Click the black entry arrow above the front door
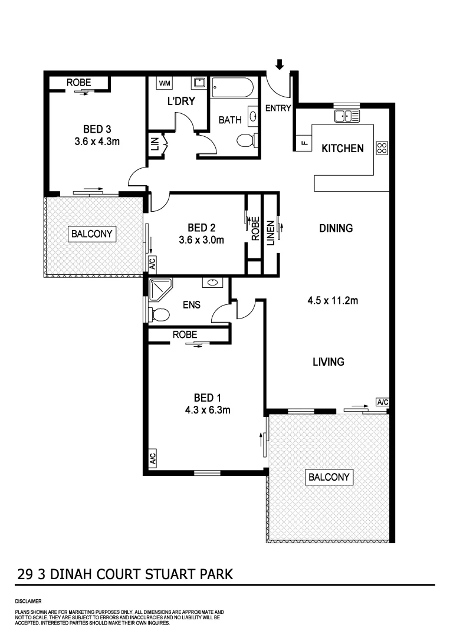280,64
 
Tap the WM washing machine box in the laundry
165,83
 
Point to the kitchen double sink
347,116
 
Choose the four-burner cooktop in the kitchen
381,148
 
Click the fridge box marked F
304,142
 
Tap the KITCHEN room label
342,149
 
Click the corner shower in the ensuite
159,289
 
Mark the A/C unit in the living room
382,402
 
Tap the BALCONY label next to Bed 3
91,234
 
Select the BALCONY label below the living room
329,477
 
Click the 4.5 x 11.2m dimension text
333,301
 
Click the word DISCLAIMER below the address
29,600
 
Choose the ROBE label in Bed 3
78,83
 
